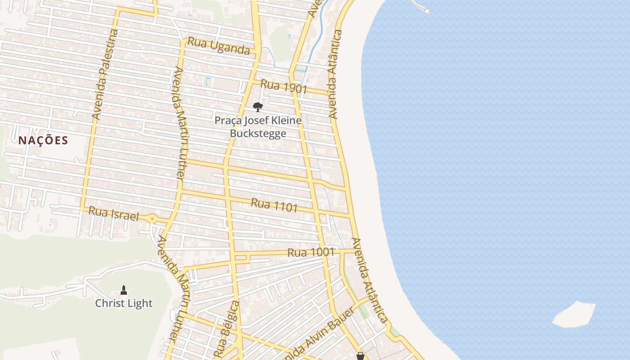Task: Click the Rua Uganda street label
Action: (219, 45)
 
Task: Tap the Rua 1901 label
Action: (283, 86)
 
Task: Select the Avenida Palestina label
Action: (104, 75)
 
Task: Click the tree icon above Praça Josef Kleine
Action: (257, 107)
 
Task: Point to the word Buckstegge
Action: (258, 133)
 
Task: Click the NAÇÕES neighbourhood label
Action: (43, 140)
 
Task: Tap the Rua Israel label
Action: (113, 213)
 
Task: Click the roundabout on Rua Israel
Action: (153, 219)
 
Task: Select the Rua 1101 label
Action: (274, 205)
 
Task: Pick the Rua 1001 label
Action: (311, 252)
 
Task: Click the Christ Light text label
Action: (124, 303)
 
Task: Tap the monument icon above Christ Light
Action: (124, 290)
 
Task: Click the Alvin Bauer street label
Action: (315, 334)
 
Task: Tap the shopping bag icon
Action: (360, 356)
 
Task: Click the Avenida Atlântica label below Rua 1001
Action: (369, 280)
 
